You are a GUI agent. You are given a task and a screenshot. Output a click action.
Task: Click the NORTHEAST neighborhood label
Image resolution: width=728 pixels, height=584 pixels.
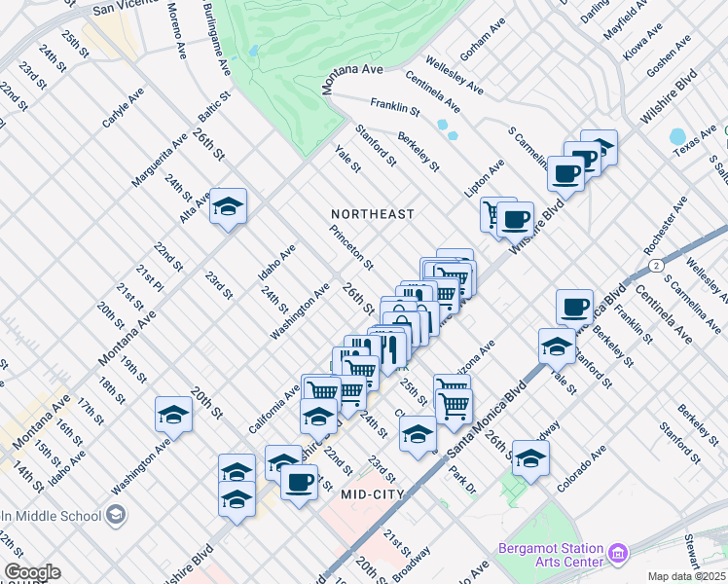click(372, 213)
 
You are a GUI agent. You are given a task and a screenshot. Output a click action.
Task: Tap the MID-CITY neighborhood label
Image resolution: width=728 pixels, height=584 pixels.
click(380, 493)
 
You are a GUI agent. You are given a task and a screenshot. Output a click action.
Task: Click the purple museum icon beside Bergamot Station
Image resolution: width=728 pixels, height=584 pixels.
click(618, 555)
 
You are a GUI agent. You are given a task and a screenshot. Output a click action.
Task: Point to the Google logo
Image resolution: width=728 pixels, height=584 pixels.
click(31, 572)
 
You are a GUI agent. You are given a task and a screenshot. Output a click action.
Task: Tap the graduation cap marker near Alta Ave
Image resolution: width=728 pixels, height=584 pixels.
click(228, 207)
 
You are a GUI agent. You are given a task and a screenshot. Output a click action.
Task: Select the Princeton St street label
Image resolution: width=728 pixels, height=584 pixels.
click(351, 248)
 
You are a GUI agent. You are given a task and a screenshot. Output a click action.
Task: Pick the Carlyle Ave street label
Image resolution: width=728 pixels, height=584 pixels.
click(123, 108)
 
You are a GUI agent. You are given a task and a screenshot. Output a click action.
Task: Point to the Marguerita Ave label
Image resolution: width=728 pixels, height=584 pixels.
click(159, 162)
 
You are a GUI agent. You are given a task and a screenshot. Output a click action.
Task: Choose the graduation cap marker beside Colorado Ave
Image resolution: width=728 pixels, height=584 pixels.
click(530, 459)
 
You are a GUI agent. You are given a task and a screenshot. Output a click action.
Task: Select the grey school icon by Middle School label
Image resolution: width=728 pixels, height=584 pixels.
click(116, 514)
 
